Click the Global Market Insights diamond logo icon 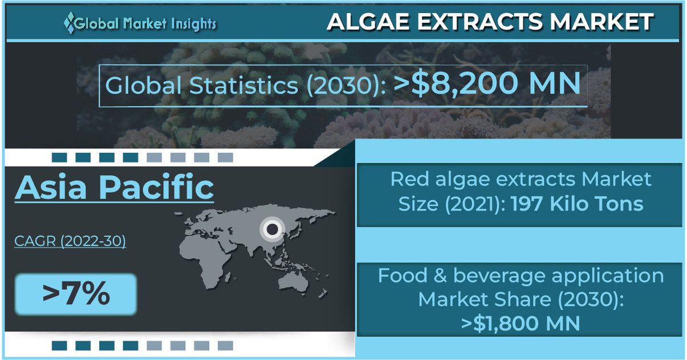click(69, 23)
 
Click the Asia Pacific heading click(114, 187)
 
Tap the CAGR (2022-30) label click(70, 241)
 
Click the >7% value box click(76, 294)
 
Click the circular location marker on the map click(273, 229)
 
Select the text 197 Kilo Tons click(577, 203)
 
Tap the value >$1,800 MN click(521, 323)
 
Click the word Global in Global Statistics click(144, 86)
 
